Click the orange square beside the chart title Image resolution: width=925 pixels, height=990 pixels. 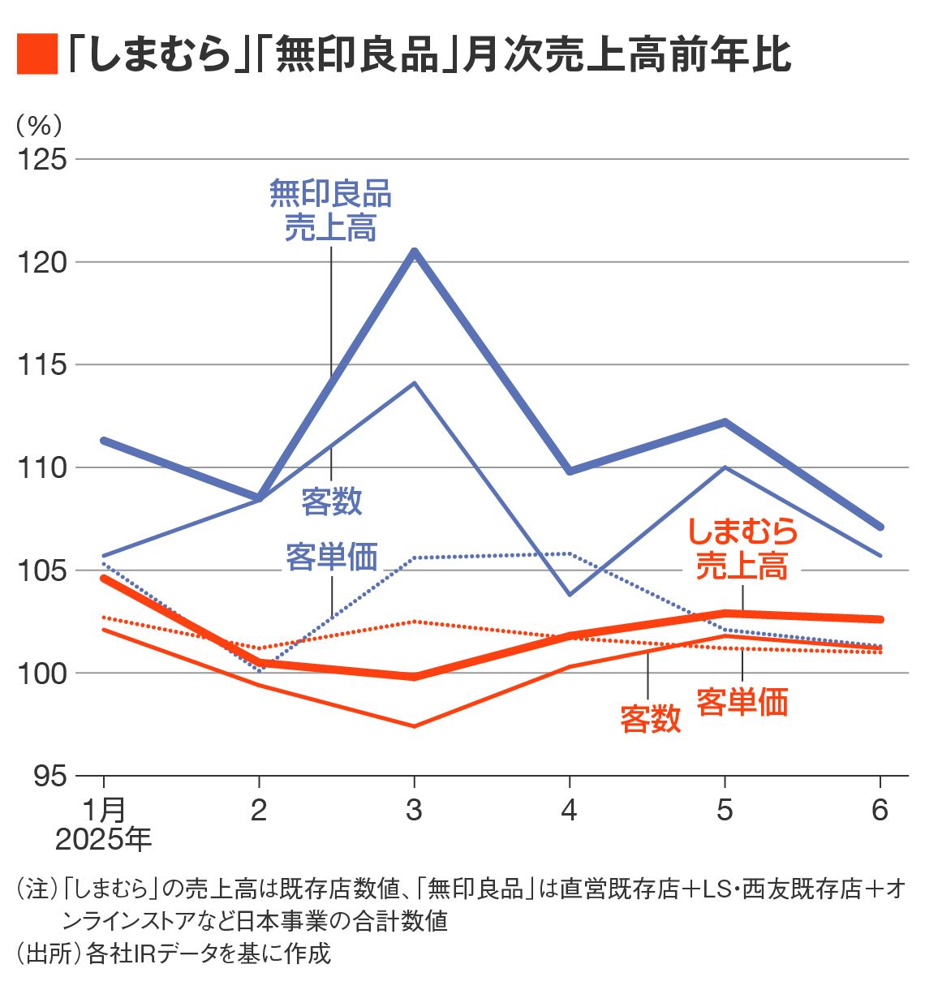(x=37, y=55)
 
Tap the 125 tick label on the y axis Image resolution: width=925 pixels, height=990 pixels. (x=42, y=159)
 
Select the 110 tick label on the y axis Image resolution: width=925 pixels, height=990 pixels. (x=42, y=467)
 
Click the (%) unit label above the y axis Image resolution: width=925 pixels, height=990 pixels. (x=38, y=125)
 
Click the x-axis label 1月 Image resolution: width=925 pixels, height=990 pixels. (x=104, y=810)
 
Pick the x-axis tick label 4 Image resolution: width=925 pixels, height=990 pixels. (x=570, y=810)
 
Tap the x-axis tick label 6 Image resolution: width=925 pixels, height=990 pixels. (x=880, y=810)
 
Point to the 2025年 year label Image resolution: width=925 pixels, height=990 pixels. (x=103, y=839)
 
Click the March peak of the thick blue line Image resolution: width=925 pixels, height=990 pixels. (x=415, y=252)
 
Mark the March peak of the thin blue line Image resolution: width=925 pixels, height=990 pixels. (x=415, y=382)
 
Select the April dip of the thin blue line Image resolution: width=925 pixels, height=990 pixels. (x=570, y=595)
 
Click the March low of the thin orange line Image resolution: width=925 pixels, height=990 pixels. (x=415, y=726)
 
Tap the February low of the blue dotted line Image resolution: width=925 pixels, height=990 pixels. (x=259, y=671)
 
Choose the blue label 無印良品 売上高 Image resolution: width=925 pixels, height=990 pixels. (x=330, y=211)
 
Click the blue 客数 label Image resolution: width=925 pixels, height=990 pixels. (x=331, y=501)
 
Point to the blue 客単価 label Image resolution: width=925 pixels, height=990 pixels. (x=331, y=557)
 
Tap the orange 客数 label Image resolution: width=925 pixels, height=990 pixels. (x=650, y=719)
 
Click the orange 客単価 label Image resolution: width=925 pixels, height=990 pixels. (x=742, y=702)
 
